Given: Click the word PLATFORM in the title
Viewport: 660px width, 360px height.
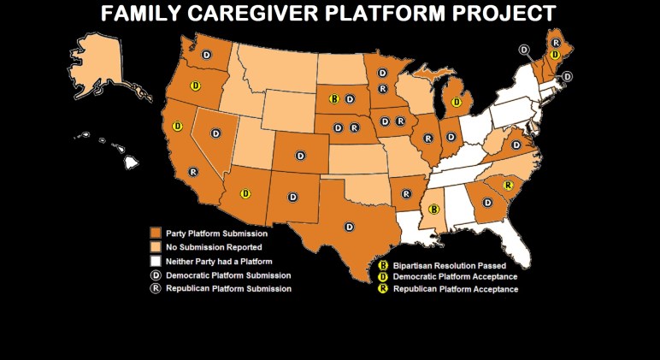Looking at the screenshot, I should (387, 13).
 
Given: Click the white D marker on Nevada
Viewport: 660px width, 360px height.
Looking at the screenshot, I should (216, 133).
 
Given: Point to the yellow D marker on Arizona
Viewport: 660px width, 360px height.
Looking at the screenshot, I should (245, 193).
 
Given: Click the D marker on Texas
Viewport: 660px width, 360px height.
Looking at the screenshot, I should (349, 226).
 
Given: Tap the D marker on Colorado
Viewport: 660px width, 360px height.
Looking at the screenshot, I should (300, 155).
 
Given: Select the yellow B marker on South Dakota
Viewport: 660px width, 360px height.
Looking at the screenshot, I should (335, 99).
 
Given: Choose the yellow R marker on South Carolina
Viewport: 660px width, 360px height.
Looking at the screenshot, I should (508, 186).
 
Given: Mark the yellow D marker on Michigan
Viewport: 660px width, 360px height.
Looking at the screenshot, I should (457, 102).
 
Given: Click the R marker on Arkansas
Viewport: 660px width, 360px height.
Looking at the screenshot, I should (407, 194).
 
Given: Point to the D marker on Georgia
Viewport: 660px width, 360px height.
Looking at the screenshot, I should (488, 203).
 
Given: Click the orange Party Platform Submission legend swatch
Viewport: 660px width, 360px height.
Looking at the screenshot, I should (155, 233).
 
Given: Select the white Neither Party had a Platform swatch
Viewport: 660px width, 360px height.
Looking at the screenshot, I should (155, 261).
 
